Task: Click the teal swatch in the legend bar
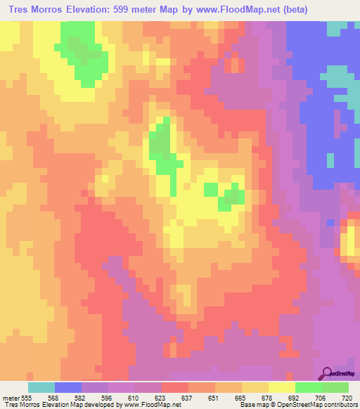click(x=41, y=387)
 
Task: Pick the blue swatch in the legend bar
click(x=68, y=387)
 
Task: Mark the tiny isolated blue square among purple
click(x=330, y=222)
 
